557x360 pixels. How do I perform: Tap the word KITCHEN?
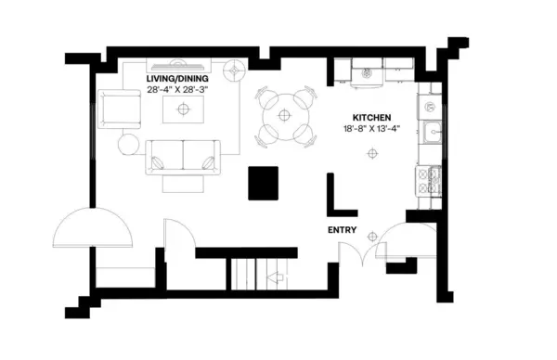click(370, 118)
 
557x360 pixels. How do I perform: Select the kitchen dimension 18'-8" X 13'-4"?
click(370, 130)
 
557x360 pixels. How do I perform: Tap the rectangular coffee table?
click(182, 109)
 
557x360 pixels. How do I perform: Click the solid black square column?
click(264, 181)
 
